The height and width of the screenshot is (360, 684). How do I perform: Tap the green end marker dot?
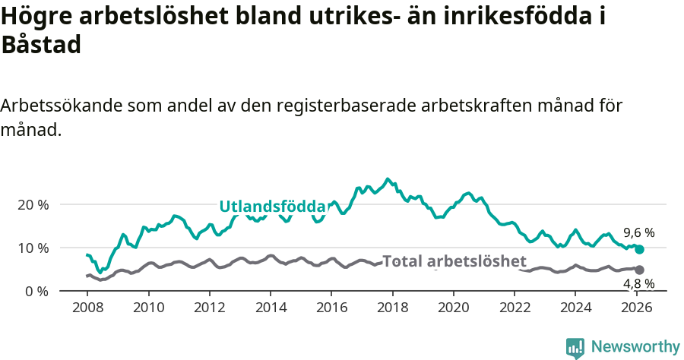639,249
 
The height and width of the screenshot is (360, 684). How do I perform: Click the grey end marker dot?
639,270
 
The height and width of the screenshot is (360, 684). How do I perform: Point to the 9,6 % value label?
638,233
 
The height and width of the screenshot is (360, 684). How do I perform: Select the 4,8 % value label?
638,284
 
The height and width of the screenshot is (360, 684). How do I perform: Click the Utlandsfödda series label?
272,206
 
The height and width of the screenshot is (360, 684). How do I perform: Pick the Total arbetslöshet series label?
454,261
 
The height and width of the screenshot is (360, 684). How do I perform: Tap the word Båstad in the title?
41,45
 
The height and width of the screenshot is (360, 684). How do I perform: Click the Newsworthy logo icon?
575,348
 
